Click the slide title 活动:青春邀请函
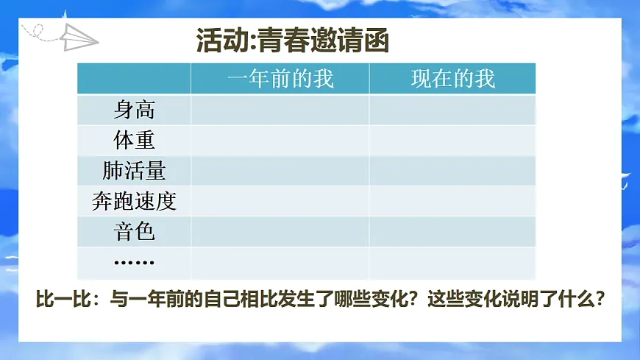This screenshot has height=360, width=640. pyautogui.click(x=293, y=40)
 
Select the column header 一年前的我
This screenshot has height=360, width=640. pyautogui.click(x=280, y=79)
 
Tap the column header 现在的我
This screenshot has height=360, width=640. pyautogui.click(x=452, y=79)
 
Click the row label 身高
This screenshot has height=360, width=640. pyautogui.click(x=134, y=110)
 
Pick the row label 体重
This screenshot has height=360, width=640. pyautogui.click(x=134, y=140)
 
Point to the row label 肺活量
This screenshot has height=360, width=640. pyautogui.click(x=134, y=170)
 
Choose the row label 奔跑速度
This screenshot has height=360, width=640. pyautogui.click(x=134, y=201)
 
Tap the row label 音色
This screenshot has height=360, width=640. pyautogui.click(x=134, y=232)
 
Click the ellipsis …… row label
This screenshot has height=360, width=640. pyautogui.click(x=134, y=262)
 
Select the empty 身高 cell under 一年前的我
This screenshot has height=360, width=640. pyautogui.click(x=280, y=110)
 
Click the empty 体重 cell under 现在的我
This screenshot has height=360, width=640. pyautogui.click(x=452, y=140)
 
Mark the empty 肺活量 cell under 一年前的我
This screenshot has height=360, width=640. pyautogui.click(x=280, y=170)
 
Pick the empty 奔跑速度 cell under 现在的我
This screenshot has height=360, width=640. pyautogui.click(x=452, y=201)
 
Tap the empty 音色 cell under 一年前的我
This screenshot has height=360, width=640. pyautogui.click(x=280, y=232)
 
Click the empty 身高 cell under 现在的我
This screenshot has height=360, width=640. pyautogui.click(x=452, y=110)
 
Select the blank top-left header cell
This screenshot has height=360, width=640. pyautogui.click(x=134, y=79)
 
